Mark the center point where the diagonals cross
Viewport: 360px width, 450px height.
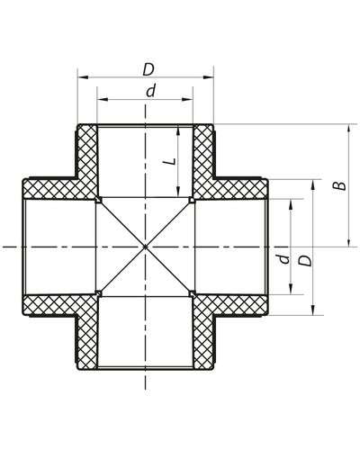pos(145,246)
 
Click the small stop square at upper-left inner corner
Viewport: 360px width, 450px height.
pos(98,199)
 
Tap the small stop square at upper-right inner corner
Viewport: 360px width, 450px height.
pos(192,199)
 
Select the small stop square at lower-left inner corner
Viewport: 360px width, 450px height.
pos(98,292)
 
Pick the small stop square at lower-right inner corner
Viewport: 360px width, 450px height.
pos(192,292)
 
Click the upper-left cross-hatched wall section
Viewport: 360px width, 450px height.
pos(81,171)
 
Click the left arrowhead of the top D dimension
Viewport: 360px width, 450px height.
pos(81,78)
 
